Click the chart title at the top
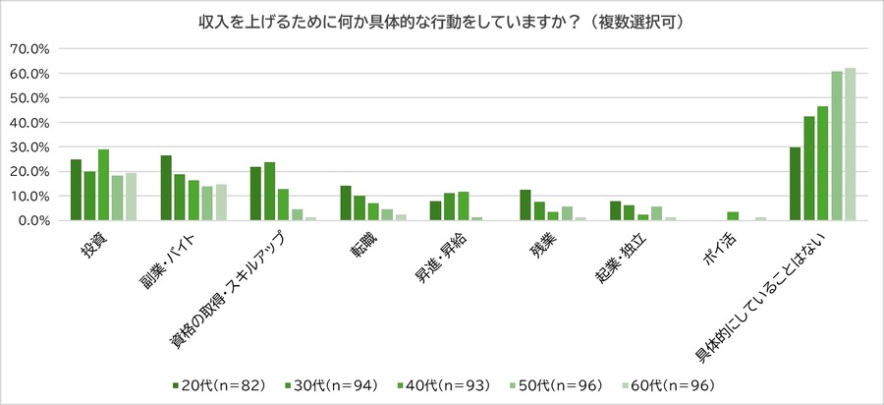[442, 21]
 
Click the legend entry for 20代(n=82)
[218, 384]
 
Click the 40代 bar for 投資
[103, 185]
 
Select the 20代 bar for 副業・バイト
[166, 188]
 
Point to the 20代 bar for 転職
[345, 203]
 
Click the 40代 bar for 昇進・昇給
[464, 206]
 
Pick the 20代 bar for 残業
[525, 205]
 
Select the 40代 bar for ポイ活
[733, 216]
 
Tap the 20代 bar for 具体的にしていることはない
[795, 184]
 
